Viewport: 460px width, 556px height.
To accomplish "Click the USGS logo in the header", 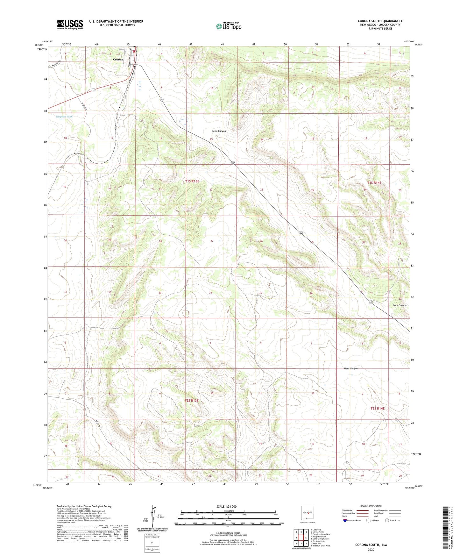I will pos(70,25).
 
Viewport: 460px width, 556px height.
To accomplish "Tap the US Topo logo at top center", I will pos(229,26).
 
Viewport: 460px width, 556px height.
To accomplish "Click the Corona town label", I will pos(118,60).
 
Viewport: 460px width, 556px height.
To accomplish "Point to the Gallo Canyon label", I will pos(219,131).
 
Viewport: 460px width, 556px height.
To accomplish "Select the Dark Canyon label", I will pos(399,305).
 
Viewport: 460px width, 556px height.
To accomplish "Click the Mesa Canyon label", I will pos(351,368).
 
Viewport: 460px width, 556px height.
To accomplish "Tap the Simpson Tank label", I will pos(64,117).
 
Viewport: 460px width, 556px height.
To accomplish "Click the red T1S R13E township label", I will pos(192,181).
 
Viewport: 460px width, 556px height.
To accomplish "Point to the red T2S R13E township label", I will pos(192,401).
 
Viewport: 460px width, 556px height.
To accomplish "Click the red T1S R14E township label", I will pos(374,182).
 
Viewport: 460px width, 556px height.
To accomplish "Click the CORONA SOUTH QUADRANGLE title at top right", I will pos(380,21).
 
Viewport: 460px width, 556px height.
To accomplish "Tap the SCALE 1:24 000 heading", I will pos(226,506).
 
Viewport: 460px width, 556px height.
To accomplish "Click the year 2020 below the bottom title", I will pos(371,549).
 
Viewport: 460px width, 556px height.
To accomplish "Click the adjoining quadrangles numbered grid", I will pos(301,538).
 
